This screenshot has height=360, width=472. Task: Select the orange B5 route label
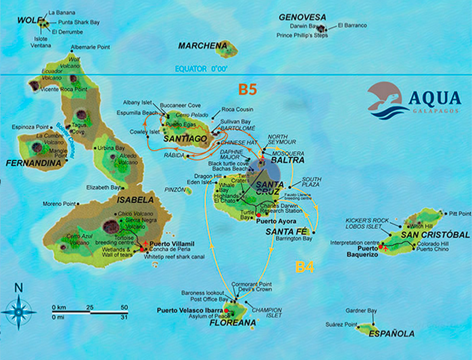247,89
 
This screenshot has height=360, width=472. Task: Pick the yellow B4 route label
305,267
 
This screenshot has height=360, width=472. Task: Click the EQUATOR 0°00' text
201,69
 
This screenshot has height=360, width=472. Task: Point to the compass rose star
19,311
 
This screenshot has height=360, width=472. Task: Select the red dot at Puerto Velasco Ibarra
227,310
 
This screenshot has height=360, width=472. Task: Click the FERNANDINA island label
34,164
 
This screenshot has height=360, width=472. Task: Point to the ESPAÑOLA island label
391,334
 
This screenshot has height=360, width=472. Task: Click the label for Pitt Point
460,213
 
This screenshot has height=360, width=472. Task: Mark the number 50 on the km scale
124,307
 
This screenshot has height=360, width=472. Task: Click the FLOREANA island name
233,323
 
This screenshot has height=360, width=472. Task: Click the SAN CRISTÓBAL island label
435,235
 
